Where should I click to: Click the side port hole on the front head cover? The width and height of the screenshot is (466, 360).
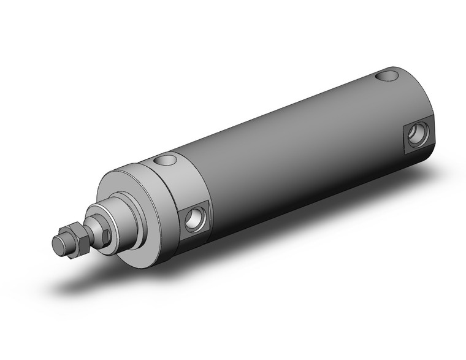click(x=194, y=218)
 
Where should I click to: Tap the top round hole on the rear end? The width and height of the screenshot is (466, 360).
click(x=387, y=77)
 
